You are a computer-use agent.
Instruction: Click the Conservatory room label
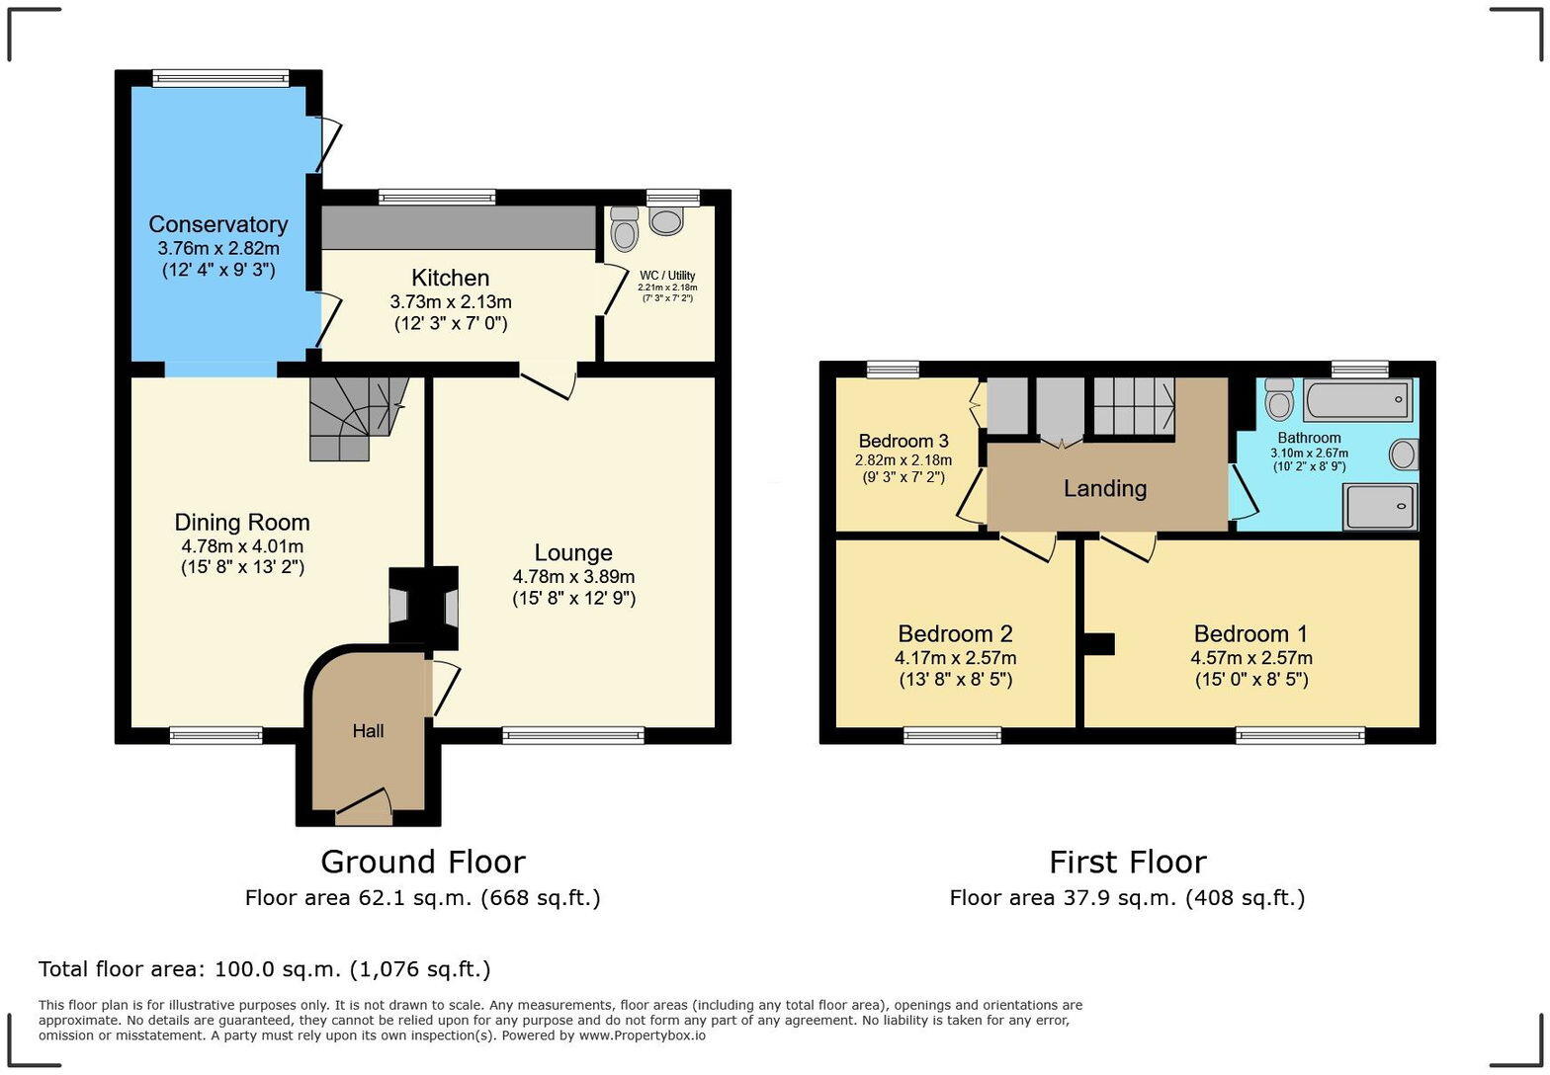pyautogui.click(x=218, y=224)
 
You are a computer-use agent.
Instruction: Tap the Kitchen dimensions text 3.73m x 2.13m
pyautogui.click(x=451, y=301)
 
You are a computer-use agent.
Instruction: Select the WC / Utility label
pyautogui.click(x=667, y=276)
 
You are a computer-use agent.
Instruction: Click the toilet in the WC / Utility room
pyautogui.click(x=624, y=231)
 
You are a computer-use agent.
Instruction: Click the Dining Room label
pyautogui.click(x=242, y=523)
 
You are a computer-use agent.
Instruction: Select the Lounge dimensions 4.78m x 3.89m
pyautogui.click(x=573, y=576)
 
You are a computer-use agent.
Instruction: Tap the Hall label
pyautogui.click(x=368, y=731)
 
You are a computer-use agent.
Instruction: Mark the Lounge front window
pyautogui.click(x=573, y=734)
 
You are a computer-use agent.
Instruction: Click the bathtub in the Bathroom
pyautogui.click(x=1358, y=401)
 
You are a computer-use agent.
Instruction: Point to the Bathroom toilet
pyautogui.click(x=1280, y=399)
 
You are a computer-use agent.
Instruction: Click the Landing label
pyautogui.click(x=1105, y=488)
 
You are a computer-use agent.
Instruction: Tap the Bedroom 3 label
pyautogui.click(x=904, y=441)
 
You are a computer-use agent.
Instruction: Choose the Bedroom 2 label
pyautogui.click(x=955, y=633)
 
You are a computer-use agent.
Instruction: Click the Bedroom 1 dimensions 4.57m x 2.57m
pyautogui.click(x=1251, y=658)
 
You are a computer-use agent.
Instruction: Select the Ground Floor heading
pyautogui.click(x=422, y=862)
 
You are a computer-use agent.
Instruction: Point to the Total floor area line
pyautogui.click(x=265, y=969)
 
